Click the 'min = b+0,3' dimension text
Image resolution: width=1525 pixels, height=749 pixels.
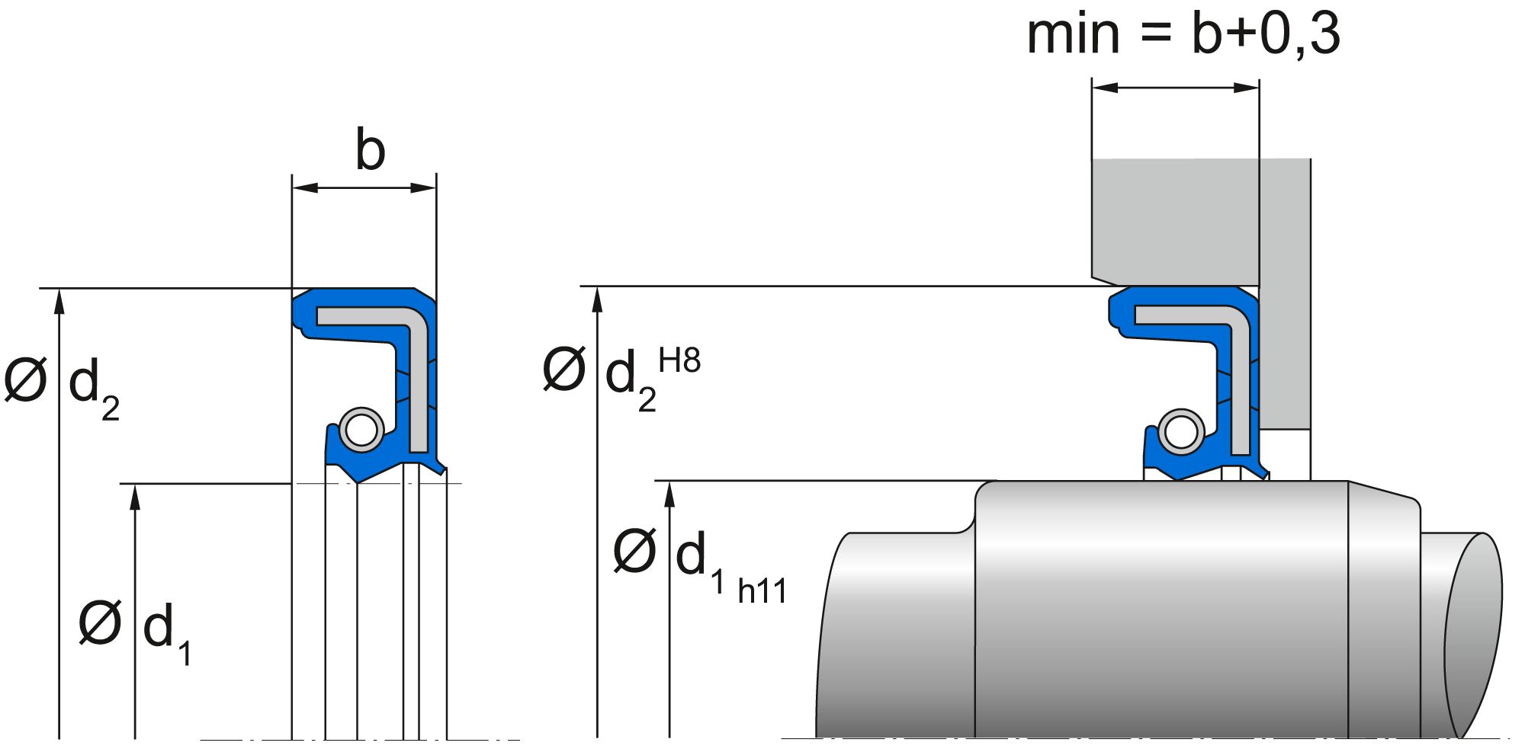1183,34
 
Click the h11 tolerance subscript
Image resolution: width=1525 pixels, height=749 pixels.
762,591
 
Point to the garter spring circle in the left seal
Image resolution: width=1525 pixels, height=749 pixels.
361,430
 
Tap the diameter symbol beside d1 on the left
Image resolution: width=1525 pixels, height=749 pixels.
100,623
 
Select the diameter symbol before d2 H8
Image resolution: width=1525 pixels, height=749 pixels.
563,369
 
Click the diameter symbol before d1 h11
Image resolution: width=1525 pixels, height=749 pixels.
634,552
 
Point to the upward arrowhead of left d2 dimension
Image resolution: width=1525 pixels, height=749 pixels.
59,300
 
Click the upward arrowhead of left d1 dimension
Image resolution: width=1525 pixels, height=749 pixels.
135,496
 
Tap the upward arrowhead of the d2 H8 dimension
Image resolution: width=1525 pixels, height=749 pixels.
597,299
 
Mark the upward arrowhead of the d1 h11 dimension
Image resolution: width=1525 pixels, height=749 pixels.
669,494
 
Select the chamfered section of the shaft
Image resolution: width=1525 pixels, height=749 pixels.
1383,610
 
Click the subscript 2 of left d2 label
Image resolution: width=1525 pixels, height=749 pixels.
111,409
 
